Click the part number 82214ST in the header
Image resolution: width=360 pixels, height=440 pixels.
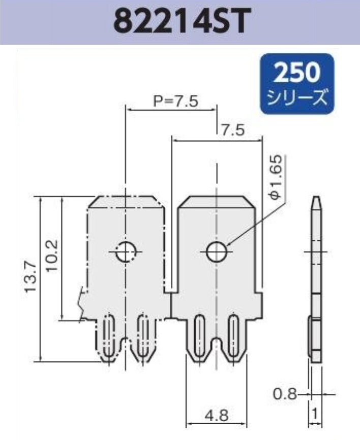point(182,21)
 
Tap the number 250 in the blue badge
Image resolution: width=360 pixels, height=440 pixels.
point(297,72)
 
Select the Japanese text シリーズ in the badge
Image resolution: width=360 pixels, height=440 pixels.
point(297,97)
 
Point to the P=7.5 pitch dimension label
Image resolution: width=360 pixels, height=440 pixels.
point(175,101)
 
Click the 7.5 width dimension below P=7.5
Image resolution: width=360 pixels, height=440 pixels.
point(232,131)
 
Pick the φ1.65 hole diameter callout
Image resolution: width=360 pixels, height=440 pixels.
point(277,177)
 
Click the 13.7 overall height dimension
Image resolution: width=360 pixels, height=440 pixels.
point(31,277)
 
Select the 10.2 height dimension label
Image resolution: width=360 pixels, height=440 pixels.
point(52,256)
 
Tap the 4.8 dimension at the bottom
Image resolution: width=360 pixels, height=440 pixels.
point(216,416)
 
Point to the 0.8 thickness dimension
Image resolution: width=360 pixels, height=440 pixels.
point(285,394)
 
